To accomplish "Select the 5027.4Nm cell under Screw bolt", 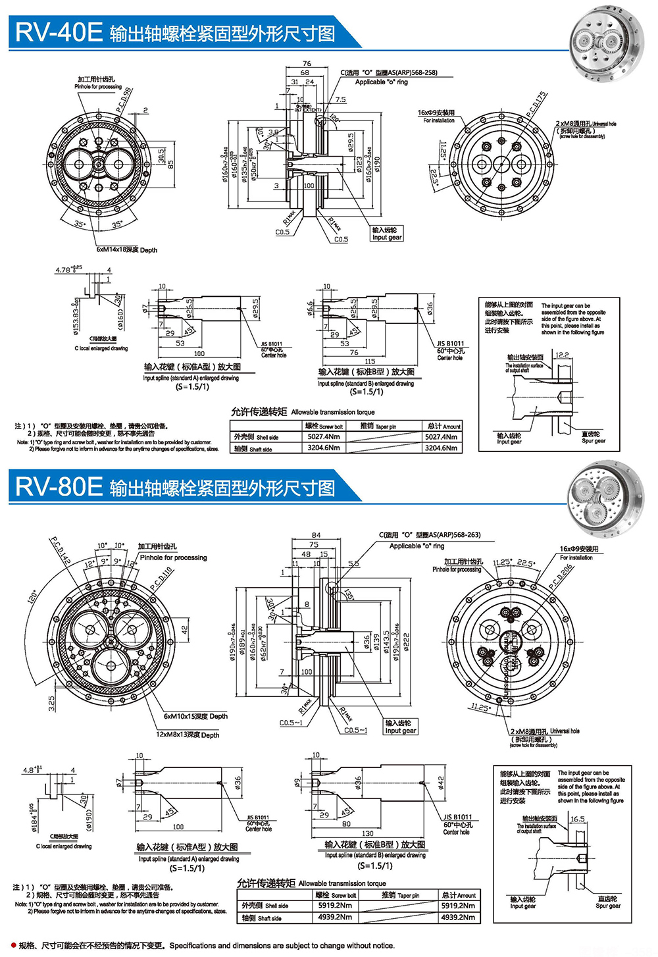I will [x=324, y=436].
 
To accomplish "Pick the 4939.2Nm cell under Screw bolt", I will [x=335, y=917].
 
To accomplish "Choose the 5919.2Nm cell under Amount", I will [x=458, y=906].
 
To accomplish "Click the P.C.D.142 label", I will [x=61, y=551].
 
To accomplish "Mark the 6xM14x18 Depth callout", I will [x=127, y=250].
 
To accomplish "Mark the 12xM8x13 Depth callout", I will [x=188, y=735].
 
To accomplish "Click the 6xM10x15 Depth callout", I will [x=195, y=716].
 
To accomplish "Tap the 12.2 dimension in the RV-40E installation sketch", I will [x=562, y=355].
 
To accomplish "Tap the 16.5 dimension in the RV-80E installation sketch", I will [x=577, y=819].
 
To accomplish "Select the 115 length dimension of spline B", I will [x=370, y=361].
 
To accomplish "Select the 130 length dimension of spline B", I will [x=368, y=833].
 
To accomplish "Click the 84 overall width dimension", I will [x=316, y=535].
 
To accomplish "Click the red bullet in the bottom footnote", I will [x=13, y=946].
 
